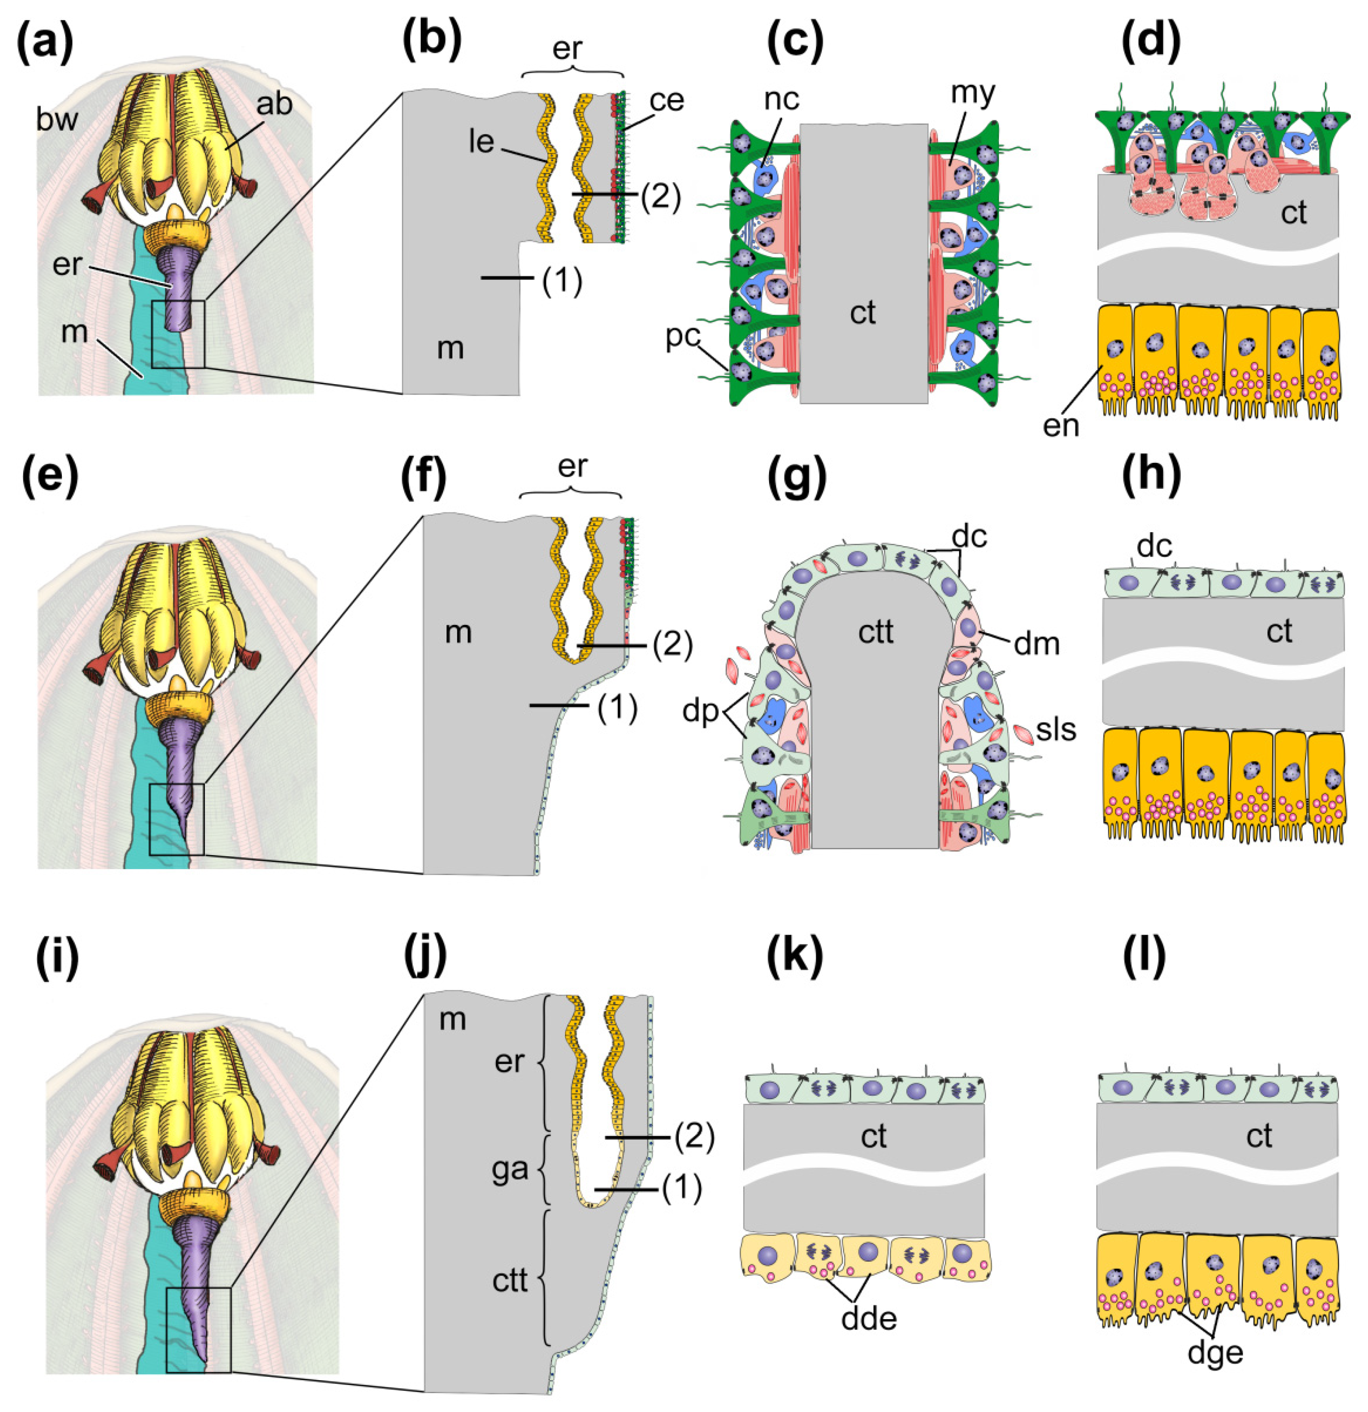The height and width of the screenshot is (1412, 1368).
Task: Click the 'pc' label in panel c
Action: click(x=683, y=337)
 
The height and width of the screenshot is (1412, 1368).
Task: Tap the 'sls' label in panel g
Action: click(x=1056, y=730)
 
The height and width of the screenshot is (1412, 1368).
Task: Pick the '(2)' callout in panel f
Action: click(x=672, y=646)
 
